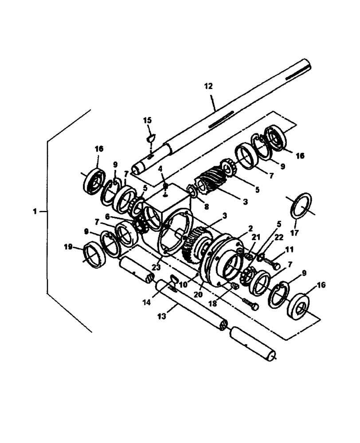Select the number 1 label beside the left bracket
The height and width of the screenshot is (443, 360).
(x=35, y=212)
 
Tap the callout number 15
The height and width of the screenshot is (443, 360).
(x=147, y=120)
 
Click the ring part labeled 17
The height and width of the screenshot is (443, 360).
(x=301, y=205)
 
